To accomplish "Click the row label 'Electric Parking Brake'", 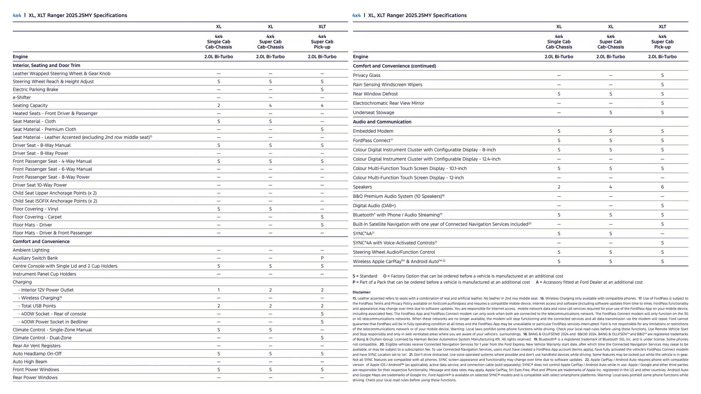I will pos(35,89).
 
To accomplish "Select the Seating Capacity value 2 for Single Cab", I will pos(218,105).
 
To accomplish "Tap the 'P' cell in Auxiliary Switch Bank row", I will pos(322,258).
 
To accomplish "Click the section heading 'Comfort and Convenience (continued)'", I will pos(394,66).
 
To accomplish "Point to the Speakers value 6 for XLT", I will pos(662,187).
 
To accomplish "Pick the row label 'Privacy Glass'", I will pos(367,75).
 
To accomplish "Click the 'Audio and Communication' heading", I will pos(382,122).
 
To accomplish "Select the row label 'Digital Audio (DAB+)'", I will pos(374,206).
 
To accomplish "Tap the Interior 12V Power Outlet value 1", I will pos(218,290).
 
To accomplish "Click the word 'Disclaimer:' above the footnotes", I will pos(361,292).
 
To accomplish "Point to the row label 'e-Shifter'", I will pos(22,97).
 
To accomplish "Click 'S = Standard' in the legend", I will pos(365,276).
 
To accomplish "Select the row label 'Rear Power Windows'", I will pos(35,378).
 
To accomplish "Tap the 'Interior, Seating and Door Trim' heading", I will pos(46,65).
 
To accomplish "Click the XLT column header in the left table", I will pos(322,27).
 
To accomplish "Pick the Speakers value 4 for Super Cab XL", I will pos(610,187).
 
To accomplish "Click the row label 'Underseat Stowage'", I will pos(374,113).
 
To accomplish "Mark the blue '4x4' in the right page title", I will pos(356,15).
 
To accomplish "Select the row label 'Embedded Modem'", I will pos(373,131).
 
